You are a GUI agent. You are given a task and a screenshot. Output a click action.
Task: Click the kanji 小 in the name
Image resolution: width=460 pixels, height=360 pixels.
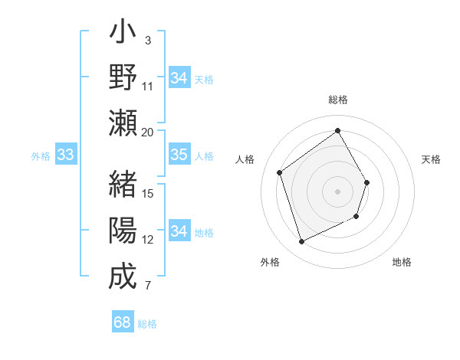[x=123, y=35]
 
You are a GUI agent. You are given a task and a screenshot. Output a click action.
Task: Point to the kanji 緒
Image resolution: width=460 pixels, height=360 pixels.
[x=123, y=185]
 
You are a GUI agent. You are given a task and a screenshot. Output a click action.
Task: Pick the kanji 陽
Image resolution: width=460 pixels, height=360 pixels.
[x=123, y=230]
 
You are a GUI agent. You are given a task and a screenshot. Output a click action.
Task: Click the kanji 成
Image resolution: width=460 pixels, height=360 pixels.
[x=123, y=276]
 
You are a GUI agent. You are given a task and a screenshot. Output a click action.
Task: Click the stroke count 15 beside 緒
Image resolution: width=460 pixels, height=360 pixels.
[x=148, y=193]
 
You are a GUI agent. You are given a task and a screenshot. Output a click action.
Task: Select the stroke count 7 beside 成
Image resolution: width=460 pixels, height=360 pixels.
[x=148, y=286]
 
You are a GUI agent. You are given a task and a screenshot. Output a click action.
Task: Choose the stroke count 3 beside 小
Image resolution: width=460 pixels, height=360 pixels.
[x=147, y=40]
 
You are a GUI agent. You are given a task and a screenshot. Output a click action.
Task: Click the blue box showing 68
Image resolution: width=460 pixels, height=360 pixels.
[x=123, y=322]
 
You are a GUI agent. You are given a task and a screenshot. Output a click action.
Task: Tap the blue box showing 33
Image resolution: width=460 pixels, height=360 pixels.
[x=65, y=155]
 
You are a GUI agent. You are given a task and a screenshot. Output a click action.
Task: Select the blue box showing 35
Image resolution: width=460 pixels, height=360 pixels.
[x=179, y=155]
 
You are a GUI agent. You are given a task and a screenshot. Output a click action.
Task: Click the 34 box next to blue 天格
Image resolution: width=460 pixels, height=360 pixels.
[x=179, y=78]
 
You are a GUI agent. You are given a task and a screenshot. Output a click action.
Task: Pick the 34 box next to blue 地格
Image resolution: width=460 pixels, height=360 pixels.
[x=179, y=231]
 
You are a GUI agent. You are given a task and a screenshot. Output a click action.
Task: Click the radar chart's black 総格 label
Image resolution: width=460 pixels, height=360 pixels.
[x=338, y=100]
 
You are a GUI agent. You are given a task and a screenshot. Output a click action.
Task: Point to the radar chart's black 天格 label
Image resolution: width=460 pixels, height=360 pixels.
[x=431, y=159]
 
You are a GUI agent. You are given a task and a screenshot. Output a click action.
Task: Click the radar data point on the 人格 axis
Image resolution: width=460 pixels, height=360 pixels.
[x=279, y=173]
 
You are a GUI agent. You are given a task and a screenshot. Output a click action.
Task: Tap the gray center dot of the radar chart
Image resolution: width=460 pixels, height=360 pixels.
[x=337, y=191]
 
